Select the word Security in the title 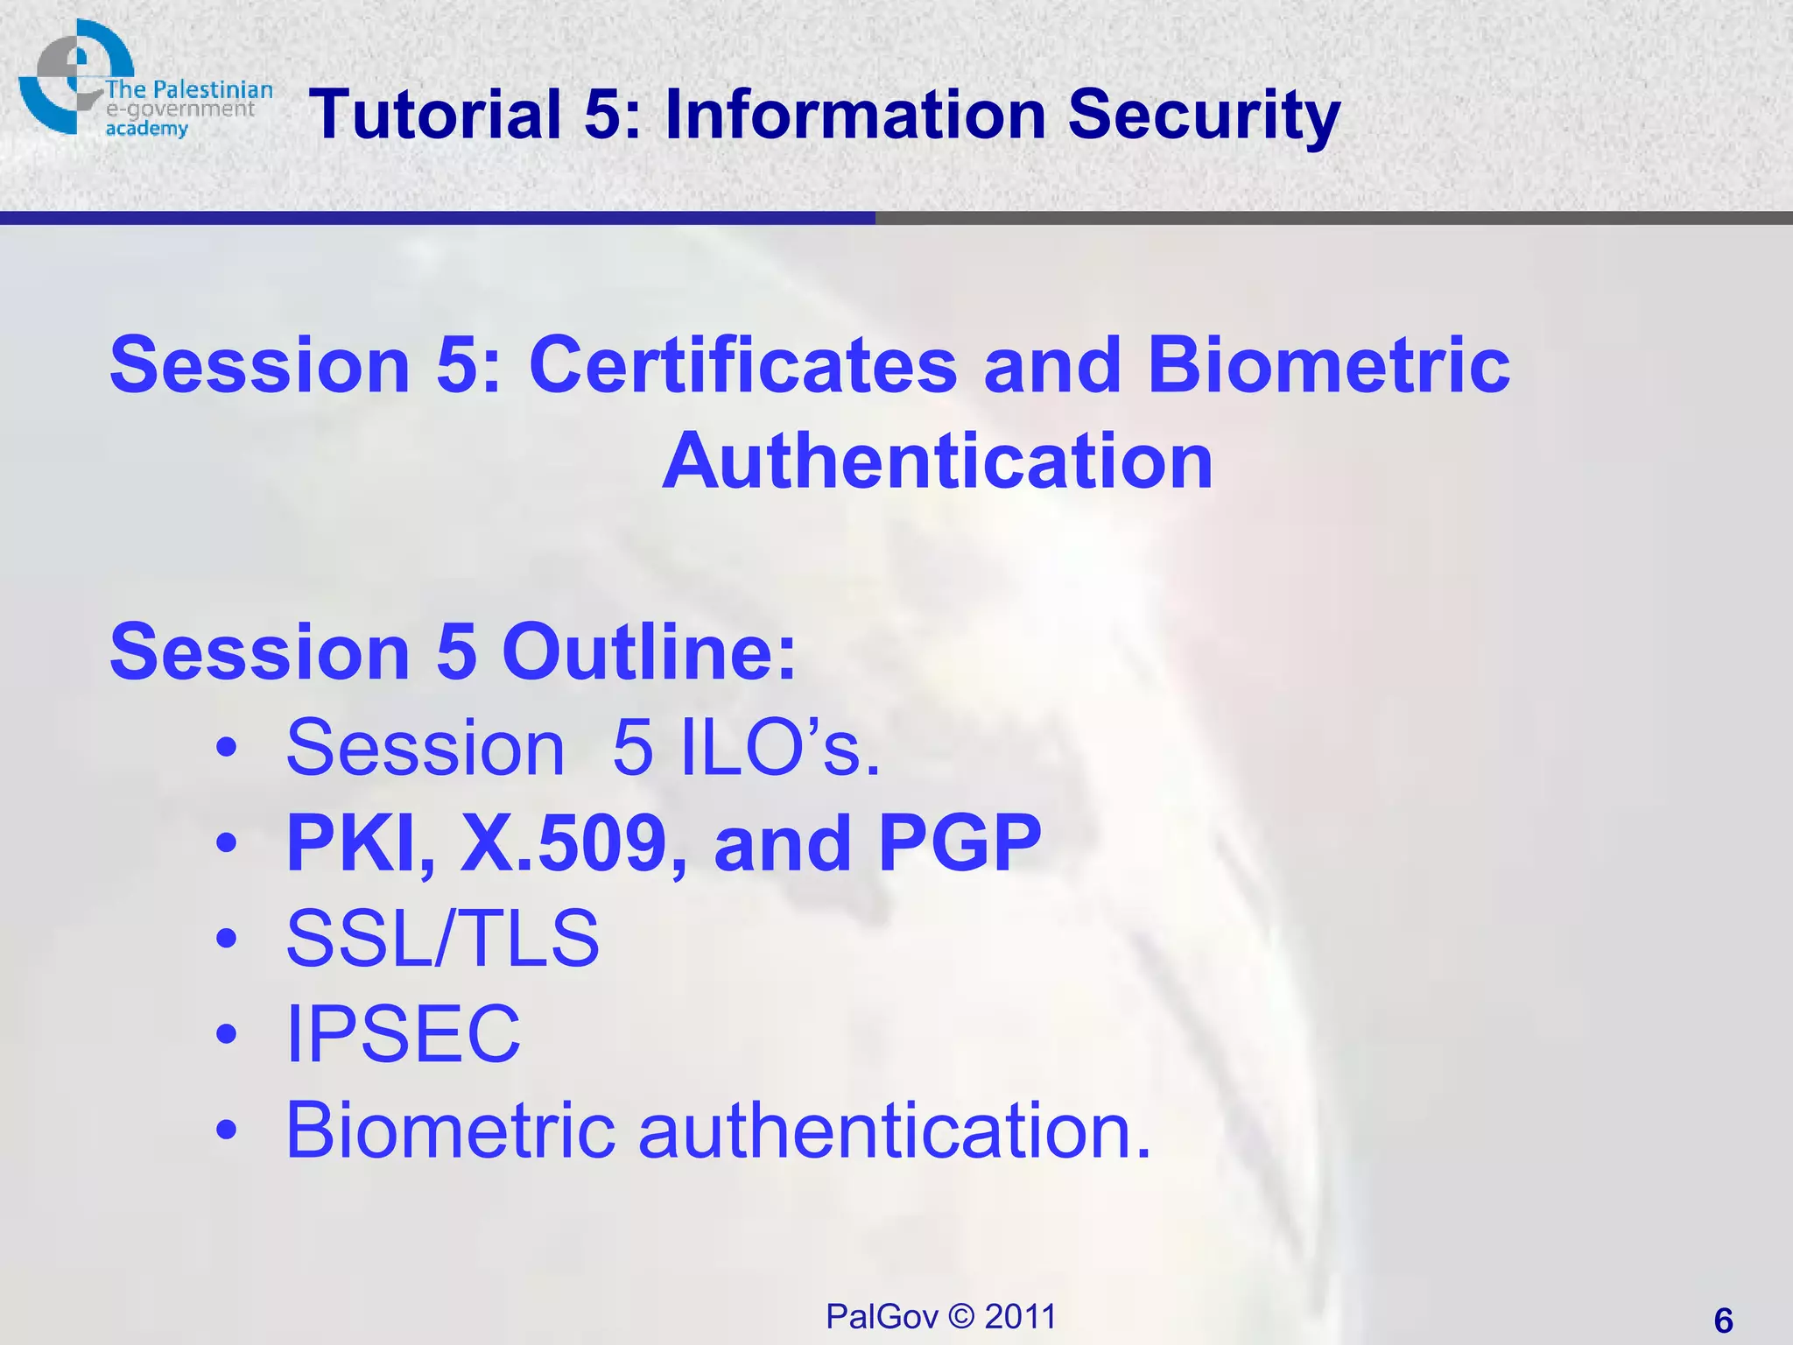click(1204, 115)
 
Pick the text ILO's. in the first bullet click(780, 748)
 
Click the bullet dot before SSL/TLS click(227, 939)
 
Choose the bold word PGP click(959, 843)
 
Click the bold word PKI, click(360, 843)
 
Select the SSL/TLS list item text click(443, 939)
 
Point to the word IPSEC click(404, 1034)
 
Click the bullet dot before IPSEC click(227, 1034)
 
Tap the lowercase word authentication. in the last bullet click(894, 1130)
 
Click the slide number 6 click(1723, 1320)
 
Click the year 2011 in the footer click(1020, 1317)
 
